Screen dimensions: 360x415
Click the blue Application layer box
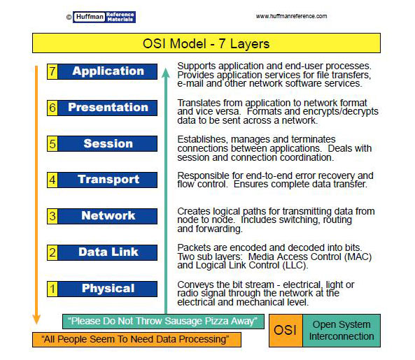pyautogui.click(x=108, y=71)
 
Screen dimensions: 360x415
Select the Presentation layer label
pyautogui.click(x=108, y=108)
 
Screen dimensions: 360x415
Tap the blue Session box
pyautogui.click(x=108, y=144)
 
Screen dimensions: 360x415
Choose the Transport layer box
pyautogui.click(x=108, y=180)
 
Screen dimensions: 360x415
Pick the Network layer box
pyautogui.click(x=108, y=216)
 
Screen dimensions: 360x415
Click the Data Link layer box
pyautogui.click(x=108, y=252)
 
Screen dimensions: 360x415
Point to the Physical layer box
pyautogui.click(x=108, y=289)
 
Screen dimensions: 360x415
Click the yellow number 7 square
pyautogui.click(x=52, y=71)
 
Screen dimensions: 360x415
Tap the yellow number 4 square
pyautogui.click(x=52, y=180)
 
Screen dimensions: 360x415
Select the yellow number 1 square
pyautogui.click(x=52, y=289)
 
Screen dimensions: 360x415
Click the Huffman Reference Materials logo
pyautogui.click(x=105, y=16)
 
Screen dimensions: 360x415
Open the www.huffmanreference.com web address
pyautogui.click(x=291, y=16)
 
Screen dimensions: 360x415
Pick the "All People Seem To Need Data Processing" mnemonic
pyautogui.click(x=136, y=340)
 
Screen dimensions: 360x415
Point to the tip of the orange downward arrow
pyautogui.click(x=36, y=323)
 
